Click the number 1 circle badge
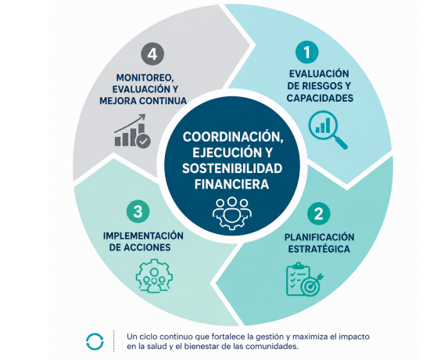click(307, 52)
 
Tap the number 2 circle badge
click(318, 214)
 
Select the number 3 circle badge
click(138, 211)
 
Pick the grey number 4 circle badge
click(152, 54)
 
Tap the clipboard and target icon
click(304, 279)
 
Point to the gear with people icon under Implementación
click(154, 276)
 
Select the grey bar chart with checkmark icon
click(132, 131)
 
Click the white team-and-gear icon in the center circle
click(232, 213)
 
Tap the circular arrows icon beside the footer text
click(95, 341)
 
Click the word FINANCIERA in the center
click(231, 185)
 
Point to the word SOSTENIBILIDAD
click(232, 168)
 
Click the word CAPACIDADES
click(320, 99)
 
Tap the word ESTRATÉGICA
click(319, 249)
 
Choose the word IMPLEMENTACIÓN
click(143, 236)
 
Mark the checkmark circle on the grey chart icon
click(143, 141)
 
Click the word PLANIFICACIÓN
click(320, 237)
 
